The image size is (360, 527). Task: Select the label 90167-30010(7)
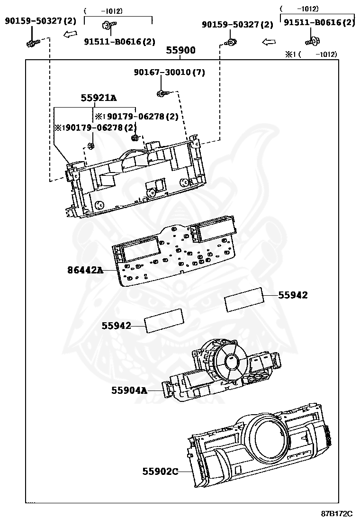pyautogui.click(x=169, y=73)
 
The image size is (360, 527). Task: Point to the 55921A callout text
pyautogui.click(x=99, y=98)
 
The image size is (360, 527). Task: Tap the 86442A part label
pyautogui.click(x=85, y=271)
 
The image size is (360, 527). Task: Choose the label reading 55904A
pyautogui.click(x=129, y=391)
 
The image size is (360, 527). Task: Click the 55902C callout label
pyautogui.click(x=160, y=472)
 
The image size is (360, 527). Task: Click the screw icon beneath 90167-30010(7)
pyautogui.click(x=162, y=93)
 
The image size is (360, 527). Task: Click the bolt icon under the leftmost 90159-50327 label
pyautogui.click(x=32, y=44)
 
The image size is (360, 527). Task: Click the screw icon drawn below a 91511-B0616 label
pyautogui.click(x=312, y=42)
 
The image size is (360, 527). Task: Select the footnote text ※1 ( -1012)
pyautogui.click(x=311, y=55)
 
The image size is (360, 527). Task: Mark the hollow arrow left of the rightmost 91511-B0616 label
pyautogui.click(x=269, y=42)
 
